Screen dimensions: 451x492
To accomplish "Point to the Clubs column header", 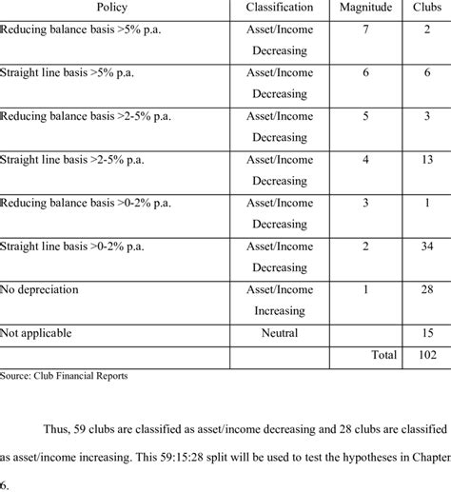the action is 421,9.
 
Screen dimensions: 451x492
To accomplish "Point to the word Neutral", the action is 279,333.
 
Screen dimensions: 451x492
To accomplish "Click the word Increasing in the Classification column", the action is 279,311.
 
